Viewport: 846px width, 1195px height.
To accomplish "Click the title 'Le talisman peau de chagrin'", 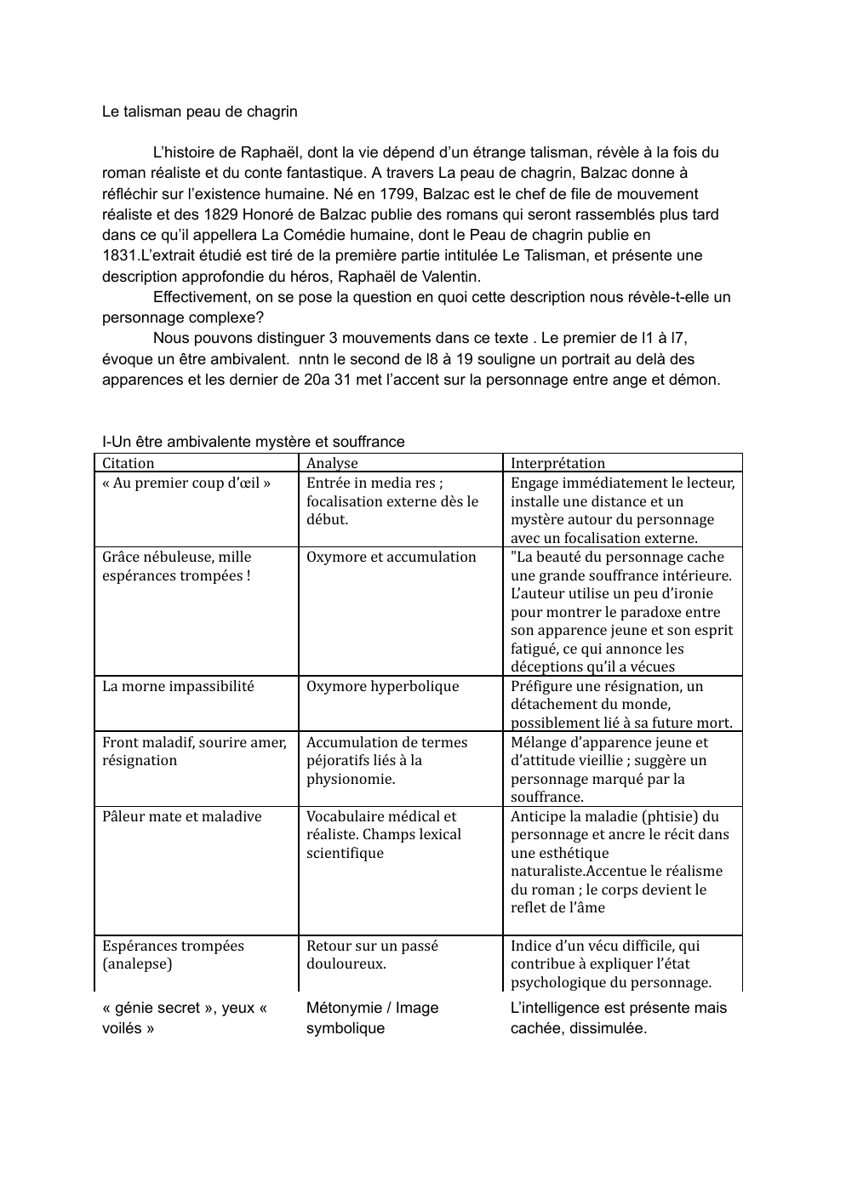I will point(199,111).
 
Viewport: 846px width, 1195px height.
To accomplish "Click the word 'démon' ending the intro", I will point(697,380).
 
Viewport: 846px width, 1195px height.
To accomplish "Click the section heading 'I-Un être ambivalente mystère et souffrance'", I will point(253,442).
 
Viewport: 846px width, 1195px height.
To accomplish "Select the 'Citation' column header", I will point(129,463).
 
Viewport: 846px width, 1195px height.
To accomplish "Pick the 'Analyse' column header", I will point(332,463).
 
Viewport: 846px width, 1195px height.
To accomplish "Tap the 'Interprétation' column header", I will point(557,463).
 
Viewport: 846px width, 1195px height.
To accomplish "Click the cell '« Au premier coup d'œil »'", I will point(186,483).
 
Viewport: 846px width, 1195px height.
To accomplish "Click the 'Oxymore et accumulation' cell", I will point(391,557).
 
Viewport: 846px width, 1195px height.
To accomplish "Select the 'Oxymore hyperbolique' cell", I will point(382,686).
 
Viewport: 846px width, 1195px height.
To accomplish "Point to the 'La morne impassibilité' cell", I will point(178,686).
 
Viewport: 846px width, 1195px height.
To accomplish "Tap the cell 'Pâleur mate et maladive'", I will point(181,816).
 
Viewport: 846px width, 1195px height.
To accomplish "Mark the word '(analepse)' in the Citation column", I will point(137,963).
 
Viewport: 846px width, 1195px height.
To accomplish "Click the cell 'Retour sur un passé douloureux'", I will point(372,954).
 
